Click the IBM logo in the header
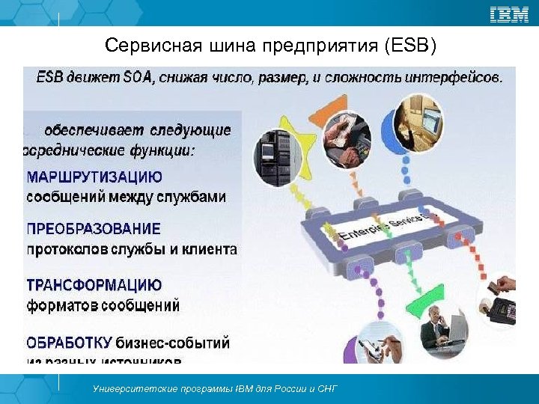pos(510,13)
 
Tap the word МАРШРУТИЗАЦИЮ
pos(94,177)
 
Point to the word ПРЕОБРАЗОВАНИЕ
pos(94,229)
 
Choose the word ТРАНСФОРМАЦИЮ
pos(94,285)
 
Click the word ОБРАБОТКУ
pos(70,343)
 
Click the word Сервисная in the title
pos(143,47)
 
